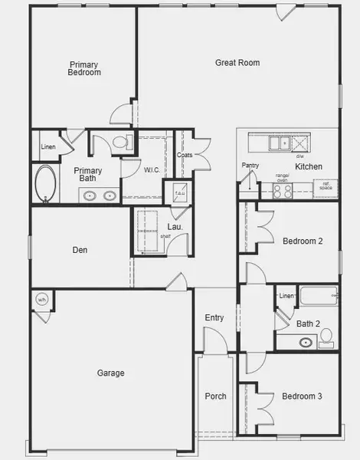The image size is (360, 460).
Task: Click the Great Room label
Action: point(237,63)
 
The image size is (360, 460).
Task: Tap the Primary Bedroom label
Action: point(85,68)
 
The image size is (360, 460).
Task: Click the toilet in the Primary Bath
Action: point(119,142)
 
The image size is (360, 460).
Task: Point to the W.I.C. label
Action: point(152,169)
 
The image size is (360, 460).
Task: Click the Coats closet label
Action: point(185,155)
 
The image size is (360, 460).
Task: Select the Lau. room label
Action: point(175,226)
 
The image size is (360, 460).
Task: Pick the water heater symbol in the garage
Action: point(43,300)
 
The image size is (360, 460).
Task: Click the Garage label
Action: point(110,373)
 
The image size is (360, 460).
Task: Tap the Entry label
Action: point(214,317)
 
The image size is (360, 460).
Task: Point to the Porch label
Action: point(215,396)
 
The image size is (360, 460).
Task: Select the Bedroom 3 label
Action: point(302,396)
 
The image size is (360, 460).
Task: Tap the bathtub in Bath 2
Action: point(316,296)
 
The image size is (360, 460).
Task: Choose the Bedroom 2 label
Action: point(302,241)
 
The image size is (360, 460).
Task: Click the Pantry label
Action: point(250,165)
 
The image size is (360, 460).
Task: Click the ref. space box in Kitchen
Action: point(325,185)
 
